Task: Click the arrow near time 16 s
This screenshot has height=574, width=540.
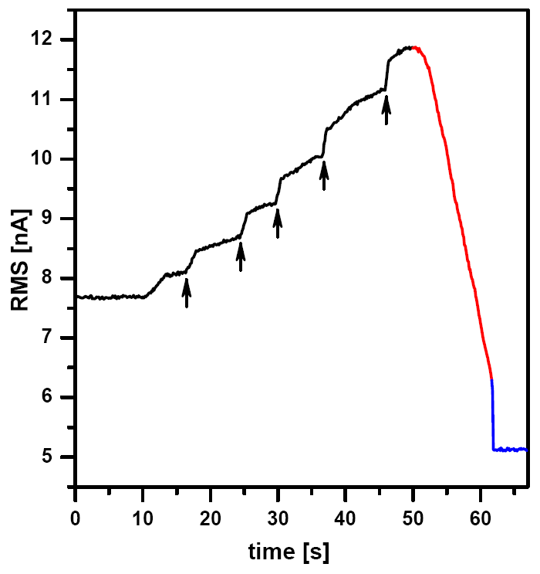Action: point(186,293)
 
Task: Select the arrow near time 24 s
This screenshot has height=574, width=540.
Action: point(241,256)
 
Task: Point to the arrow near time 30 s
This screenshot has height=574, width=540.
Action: point(278,222)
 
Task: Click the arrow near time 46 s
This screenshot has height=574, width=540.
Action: point(386,109)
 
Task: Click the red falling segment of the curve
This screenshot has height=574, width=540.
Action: point(455,209)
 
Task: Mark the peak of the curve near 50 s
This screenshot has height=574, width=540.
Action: point(409,48)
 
